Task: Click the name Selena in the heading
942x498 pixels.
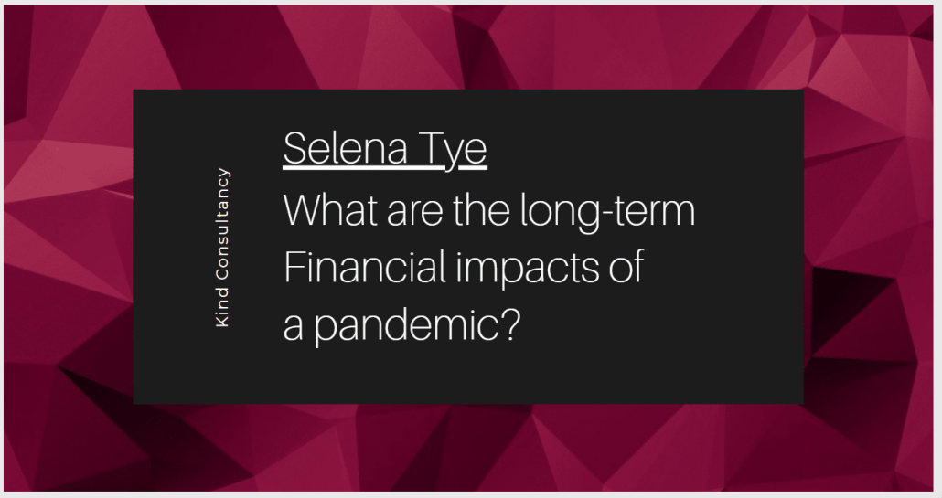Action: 346,148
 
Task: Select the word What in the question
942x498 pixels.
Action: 330,209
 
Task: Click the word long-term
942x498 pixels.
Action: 607,212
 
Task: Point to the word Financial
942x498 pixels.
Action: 364,266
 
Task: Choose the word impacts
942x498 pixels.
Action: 528,269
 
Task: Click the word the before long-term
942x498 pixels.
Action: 481,209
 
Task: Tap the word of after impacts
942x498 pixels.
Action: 626,266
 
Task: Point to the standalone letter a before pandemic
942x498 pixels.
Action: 293,328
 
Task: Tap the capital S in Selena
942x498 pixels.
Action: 295,148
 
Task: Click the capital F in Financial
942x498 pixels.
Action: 293,267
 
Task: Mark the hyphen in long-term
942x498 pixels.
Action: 610,214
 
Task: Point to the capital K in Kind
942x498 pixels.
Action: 222,321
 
